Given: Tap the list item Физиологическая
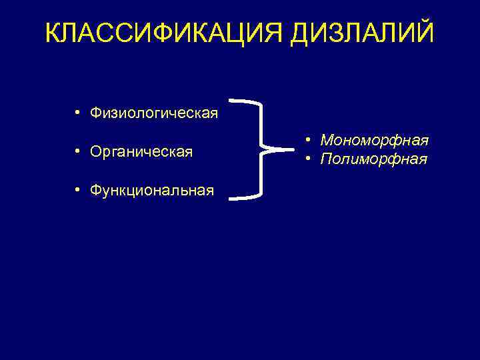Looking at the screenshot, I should (x=154, y=113).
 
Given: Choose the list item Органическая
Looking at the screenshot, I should (x=141, y=152).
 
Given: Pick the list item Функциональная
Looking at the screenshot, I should (x=152, y=191).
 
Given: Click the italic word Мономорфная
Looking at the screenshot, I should (x=374, y=141).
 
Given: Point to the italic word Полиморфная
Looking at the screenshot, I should (x=373, y=159).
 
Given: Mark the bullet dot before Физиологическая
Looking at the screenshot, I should (x=78, y=112).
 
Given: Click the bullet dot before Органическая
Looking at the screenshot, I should (x=78, y=151).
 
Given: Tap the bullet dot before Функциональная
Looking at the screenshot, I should (x=78, y=191).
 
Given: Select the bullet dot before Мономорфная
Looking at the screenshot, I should (x=309, y=140).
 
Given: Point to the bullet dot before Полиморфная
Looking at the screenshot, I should (x=309, y=159).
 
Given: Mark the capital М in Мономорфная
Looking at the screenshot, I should (x=328, y=141).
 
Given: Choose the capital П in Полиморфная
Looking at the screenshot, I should (x=327, y=159).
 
